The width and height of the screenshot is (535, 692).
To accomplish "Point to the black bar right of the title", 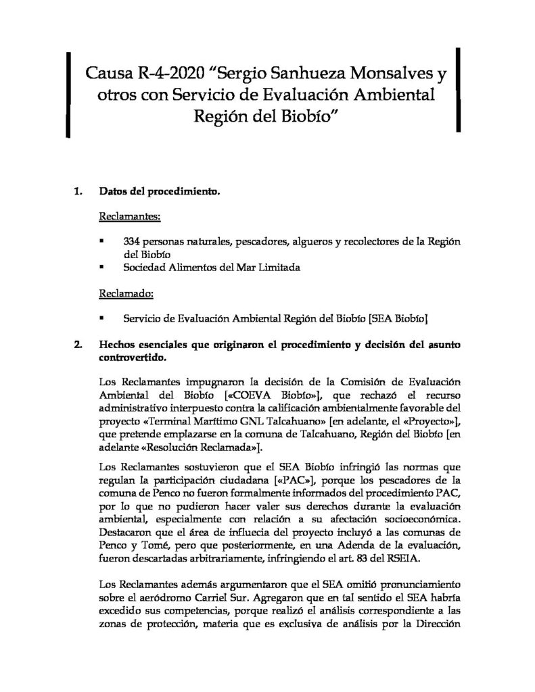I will tap(459, 88).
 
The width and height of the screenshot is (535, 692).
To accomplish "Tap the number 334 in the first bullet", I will tap(133, 241).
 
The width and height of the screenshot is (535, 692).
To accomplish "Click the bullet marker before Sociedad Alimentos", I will tap(101, 267).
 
